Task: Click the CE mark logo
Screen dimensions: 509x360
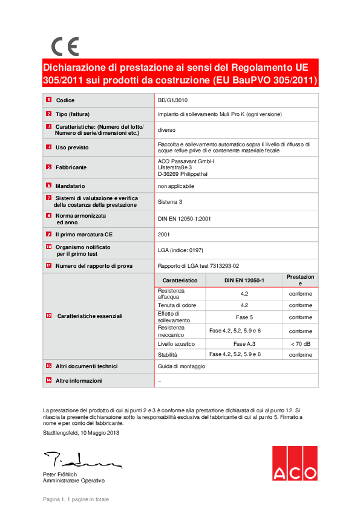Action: (65, 47)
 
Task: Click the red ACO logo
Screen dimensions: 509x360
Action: (294, 464)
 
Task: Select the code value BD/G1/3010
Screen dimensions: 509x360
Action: (172, 100)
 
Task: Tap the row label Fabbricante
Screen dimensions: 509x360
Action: (71, 167)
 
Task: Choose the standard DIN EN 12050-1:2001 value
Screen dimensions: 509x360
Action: (184, 219)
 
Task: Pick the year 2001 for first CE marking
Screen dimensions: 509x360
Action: (163, 234)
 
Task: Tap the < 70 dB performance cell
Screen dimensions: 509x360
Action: (300, 343)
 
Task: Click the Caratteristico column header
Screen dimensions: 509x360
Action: (180, 280)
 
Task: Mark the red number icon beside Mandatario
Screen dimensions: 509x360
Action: (48, 186)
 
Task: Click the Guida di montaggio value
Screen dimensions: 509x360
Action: (182, 366)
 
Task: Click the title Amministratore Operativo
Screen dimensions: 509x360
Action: (73, 481)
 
